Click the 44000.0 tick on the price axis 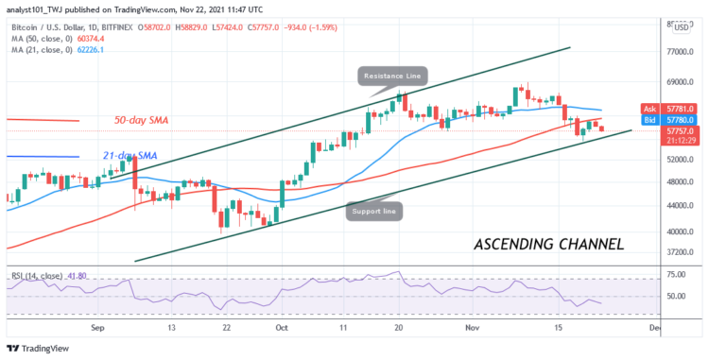(683, 206)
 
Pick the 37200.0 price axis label (683, 253)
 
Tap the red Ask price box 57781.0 (681, 109)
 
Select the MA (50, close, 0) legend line (45, 37)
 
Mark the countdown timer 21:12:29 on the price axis (681, 142)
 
